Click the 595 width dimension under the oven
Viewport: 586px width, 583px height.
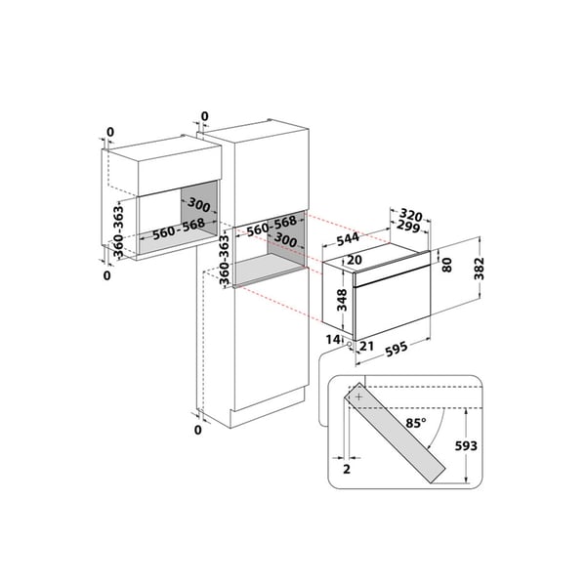tap(397, 350)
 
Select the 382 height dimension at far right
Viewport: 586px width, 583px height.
tap(479, 269)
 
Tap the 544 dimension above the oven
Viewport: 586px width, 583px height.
tap(348, 239)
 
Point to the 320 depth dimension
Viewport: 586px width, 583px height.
tap(411, 215)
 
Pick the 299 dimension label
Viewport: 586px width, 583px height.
tap(408, 227)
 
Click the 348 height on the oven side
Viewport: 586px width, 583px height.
tap(342, 300)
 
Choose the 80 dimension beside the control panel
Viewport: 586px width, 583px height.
tap(446, 265)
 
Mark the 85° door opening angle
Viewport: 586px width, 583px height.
tap(416, 423)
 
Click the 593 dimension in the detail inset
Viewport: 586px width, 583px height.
tap(466, 445)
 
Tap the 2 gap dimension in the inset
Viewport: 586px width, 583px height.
tap(347, 469)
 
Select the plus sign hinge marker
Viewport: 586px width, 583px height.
tap(358, 396)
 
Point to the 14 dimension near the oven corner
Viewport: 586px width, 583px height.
tap(333, 339)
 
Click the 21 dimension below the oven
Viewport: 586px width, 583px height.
tap(366, 347)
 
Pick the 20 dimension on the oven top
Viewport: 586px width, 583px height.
tap(355, 260)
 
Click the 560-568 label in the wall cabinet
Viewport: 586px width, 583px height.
tap(179, 229)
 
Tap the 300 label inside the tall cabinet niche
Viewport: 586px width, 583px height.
tap(285, 239)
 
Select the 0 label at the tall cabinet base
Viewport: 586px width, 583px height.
tap(198, 430)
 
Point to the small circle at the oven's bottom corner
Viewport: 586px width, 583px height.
tap(349, 344)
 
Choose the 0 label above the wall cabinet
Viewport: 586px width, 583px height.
tap(109, 132)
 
